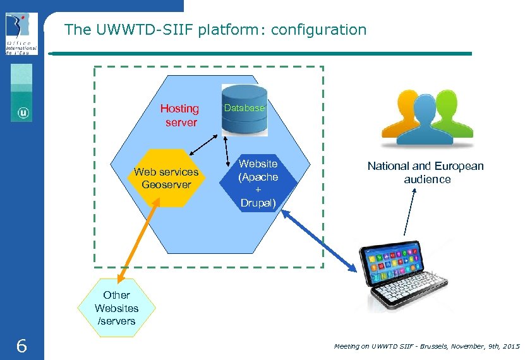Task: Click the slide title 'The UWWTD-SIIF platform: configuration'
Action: click(x=215, y=29)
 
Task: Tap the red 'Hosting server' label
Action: click(x=180, y=116)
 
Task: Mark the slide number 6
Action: click(x=21, y=346)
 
